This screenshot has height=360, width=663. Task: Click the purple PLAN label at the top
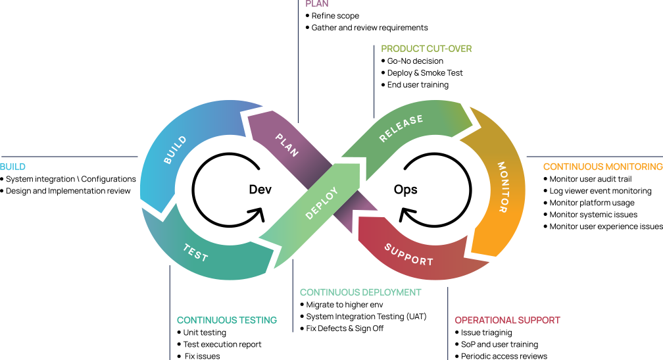coord(317,4)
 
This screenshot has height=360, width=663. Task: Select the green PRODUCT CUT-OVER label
coord(426,49)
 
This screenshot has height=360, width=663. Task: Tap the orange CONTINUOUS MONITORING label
coord(602,167)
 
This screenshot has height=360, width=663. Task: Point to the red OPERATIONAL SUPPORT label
coord(507,321)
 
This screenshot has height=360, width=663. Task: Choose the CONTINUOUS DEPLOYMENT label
coord(360,292)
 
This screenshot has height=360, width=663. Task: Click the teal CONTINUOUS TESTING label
coord(227,321)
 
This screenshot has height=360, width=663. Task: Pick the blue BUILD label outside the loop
coord(12,167)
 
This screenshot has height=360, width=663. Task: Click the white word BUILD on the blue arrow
coord(175,150)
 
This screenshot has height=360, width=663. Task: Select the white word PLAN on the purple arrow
coord(287,145)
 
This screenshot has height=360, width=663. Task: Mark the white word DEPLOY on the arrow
coord(322,203)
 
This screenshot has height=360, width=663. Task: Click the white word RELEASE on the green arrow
coord(401,130)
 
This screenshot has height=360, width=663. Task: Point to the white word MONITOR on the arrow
coord(502,187)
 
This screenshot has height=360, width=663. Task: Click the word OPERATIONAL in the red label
coord(485,321)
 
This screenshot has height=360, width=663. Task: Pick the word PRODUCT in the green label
coord(400,49)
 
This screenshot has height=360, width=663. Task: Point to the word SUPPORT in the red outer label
coord(539,321)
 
